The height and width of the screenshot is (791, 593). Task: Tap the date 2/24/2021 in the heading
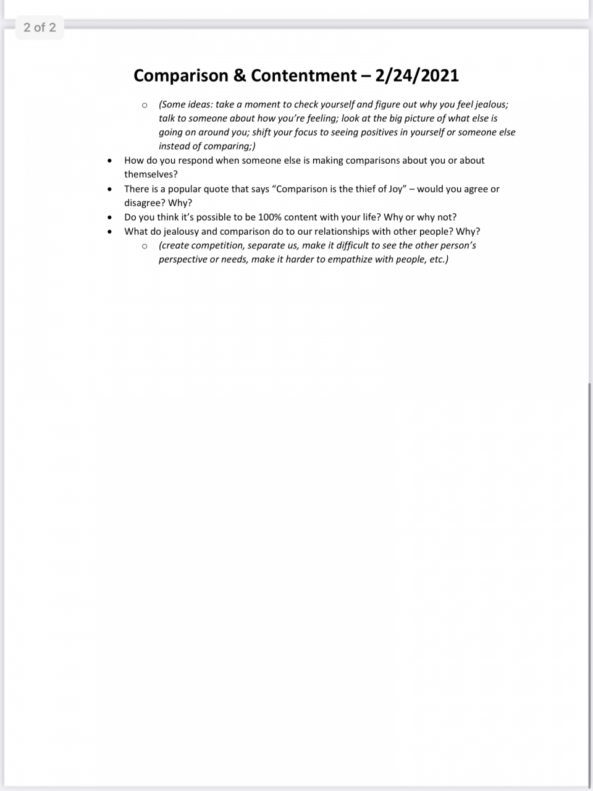417,75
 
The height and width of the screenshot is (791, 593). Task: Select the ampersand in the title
240,75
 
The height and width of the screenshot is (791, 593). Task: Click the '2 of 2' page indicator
40,27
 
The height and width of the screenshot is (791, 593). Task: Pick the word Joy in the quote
396,188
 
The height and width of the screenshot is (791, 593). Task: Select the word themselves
151,174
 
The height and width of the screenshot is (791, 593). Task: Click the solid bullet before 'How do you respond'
109,161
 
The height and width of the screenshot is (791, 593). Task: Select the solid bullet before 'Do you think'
109,218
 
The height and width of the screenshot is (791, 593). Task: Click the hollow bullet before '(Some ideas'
145,105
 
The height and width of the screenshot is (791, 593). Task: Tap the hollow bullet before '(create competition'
145,246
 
